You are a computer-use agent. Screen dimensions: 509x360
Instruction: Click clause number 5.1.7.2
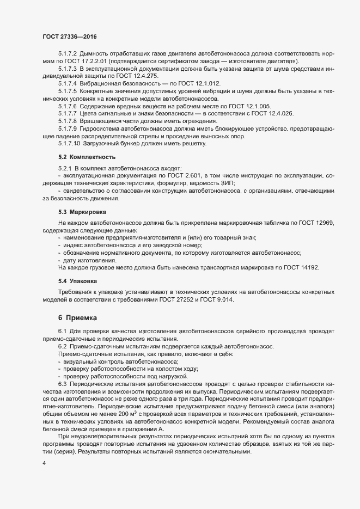point(68,56)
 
